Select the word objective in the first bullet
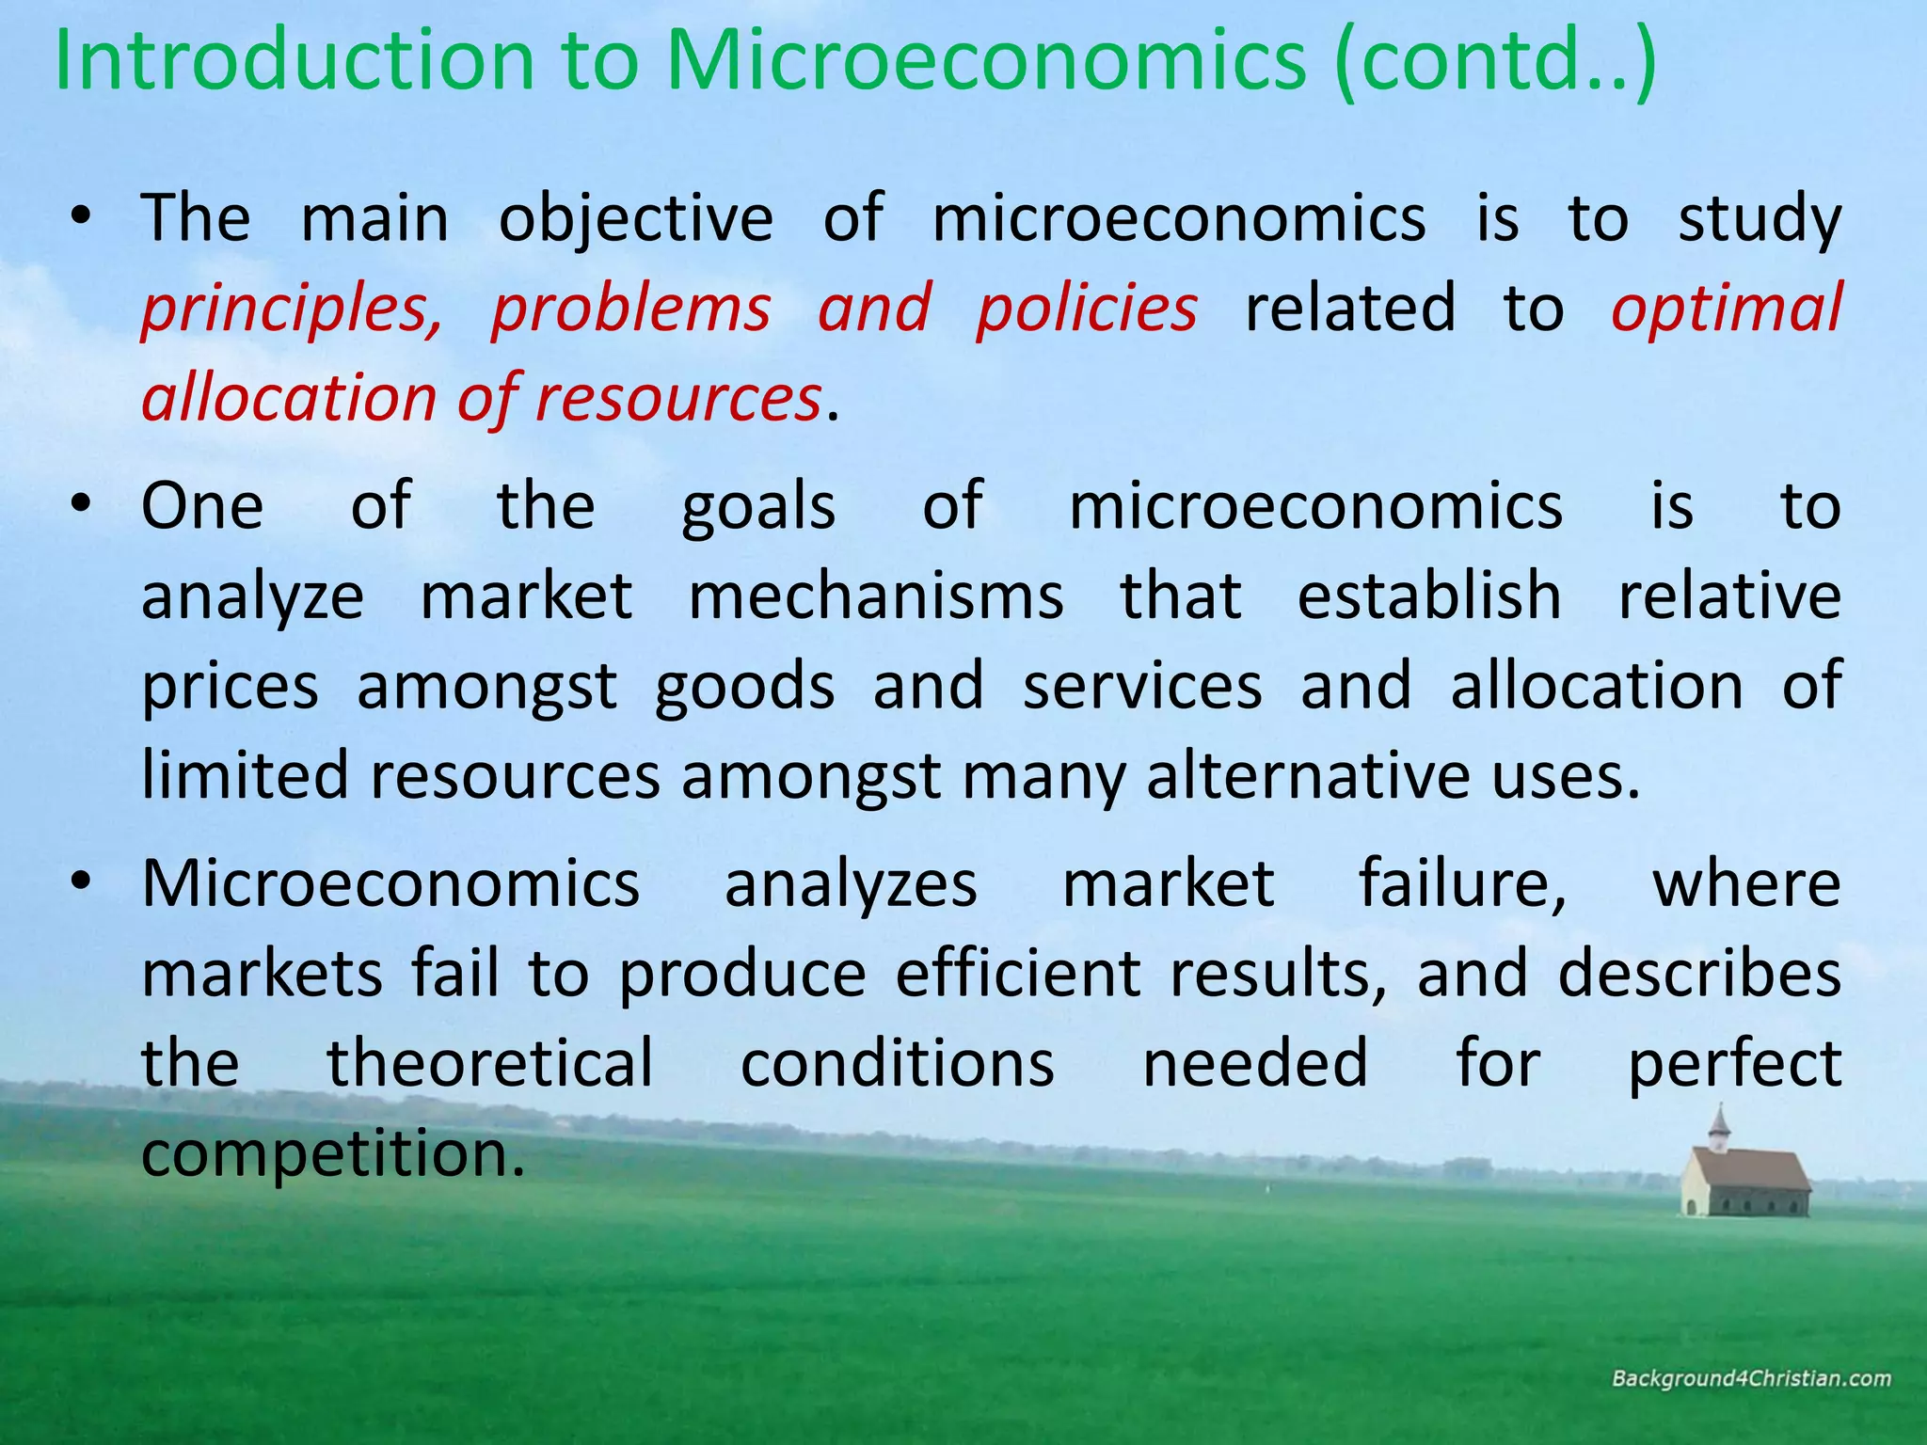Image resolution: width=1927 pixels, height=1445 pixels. pos(635,218)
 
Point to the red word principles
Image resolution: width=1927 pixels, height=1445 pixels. pos(291,309)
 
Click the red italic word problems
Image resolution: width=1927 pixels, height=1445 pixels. pos(630,309)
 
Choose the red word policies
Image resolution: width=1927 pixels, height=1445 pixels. pos(1087,309)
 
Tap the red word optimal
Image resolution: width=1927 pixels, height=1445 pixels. pos(1726,309)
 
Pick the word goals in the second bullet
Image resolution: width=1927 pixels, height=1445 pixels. pos(757,506)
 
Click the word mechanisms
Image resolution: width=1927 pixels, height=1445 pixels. pos(876,596)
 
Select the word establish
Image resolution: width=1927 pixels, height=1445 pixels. pos(1429,596)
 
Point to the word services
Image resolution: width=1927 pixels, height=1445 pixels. pos(1142,686)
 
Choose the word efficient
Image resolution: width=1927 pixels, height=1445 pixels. pos(1017,974)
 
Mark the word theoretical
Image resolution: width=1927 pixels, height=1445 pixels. pos(489,1063)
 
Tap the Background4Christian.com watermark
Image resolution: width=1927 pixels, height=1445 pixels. pos(1751,1379)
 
